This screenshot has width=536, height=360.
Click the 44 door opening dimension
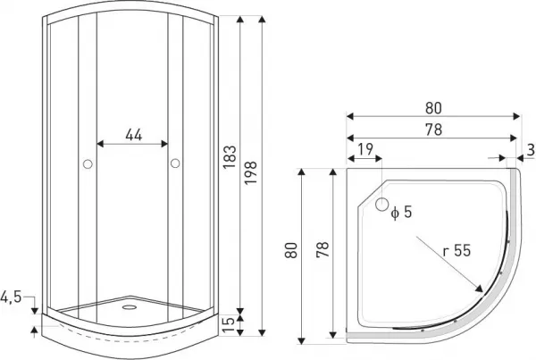(133, 135)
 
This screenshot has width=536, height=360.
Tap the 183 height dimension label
(230, 157)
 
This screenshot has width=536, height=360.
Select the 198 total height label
(250, 172)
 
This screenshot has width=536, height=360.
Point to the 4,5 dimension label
(11, 297)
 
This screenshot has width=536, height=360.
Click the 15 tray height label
(229, 325)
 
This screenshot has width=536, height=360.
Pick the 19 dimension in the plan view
(365, 149)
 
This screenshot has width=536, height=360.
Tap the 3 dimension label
(531, 150)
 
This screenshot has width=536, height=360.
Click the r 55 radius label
(456, 251)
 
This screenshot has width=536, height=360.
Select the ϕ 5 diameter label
(401, 213)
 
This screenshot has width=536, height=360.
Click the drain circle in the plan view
(381, 205)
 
